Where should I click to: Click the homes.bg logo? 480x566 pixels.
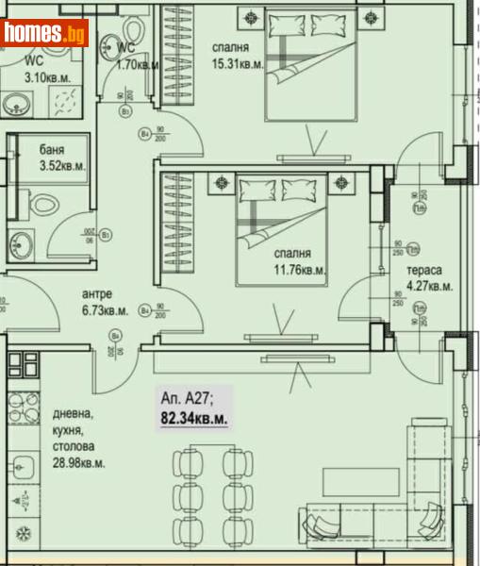click(x=45, y=33)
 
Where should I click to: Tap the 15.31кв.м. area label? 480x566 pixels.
click(x=231, y=65)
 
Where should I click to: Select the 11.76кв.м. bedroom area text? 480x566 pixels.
click(x=299, y=270)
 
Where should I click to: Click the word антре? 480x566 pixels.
click(x=97, y=293)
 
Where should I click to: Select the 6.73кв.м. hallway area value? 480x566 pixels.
click(x=104, y=309)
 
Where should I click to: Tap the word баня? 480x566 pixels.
click(x=52, y=150)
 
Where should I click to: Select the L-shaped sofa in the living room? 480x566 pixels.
click(x=415, y=491)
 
